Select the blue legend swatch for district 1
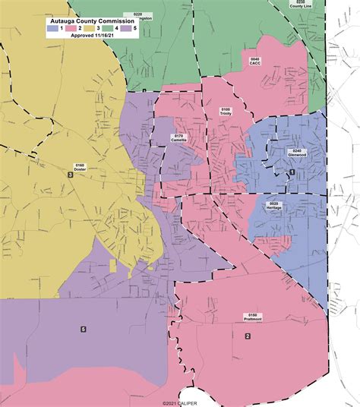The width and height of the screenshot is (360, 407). (x=52, y=28)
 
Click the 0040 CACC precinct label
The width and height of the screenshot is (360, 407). (x=255, y=61)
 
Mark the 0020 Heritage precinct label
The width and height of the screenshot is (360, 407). (x=275, y=206)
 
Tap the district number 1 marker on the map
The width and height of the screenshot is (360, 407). (x=292, y=172)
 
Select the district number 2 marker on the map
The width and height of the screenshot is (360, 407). (x=247, y=336)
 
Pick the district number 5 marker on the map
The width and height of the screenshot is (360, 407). (x=83, y=329)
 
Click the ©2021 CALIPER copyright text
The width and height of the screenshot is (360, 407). (x=179, y=403)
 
